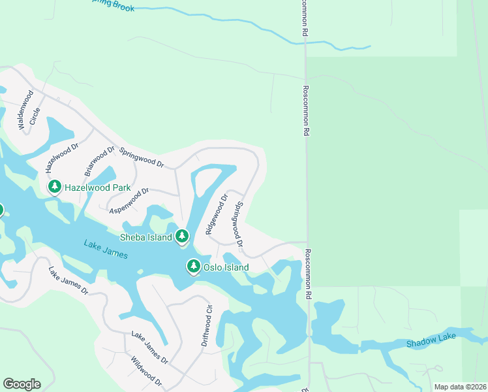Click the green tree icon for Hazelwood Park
pos(55,188)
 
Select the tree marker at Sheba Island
pos(182,236)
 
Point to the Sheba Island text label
pos(145,237)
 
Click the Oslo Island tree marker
pos(194,267)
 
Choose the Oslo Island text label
pos(226,267)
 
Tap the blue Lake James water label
pos(106,249)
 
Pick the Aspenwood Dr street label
pos(129,200)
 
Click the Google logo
pos(22,384)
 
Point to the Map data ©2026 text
pos(459,387)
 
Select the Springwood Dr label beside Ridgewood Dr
pos(239,227)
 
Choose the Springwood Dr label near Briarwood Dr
pos(141,157)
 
